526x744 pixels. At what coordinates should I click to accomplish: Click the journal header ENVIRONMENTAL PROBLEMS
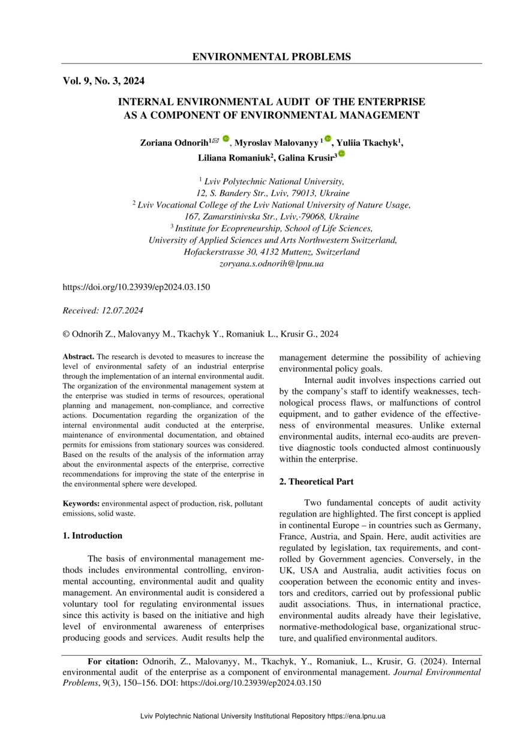271,57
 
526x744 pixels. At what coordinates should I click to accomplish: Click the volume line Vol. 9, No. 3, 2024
103,81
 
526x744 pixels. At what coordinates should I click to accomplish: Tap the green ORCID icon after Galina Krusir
341,154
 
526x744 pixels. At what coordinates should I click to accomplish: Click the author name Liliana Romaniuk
235,158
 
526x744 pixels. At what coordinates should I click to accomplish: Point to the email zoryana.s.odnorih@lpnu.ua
271,263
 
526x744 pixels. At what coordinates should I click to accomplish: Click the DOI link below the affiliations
136,287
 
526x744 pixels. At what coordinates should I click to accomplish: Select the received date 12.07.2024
122,310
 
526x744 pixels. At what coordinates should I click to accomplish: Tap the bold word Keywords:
82,505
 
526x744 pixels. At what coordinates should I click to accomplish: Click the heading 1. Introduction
92,536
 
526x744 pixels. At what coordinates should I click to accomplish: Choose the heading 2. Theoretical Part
317,481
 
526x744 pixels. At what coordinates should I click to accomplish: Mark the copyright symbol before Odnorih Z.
66,334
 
